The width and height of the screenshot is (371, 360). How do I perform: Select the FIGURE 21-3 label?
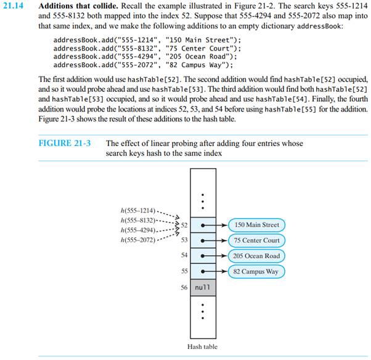[65, 144]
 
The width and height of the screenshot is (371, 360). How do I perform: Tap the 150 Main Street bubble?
[256, 225]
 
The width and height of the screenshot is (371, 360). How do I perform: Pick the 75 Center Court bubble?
[257, 240]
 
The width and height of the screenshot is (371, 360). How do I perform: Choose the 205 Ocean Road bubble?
[257, 256]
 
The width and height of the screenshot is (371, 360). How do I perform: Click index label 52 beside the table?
[184, 225]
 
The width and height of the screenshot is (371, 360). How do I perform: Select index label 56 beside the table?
[184, 287]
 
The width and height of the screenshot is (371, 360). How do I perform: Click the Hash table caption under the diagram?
[202, 347]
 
